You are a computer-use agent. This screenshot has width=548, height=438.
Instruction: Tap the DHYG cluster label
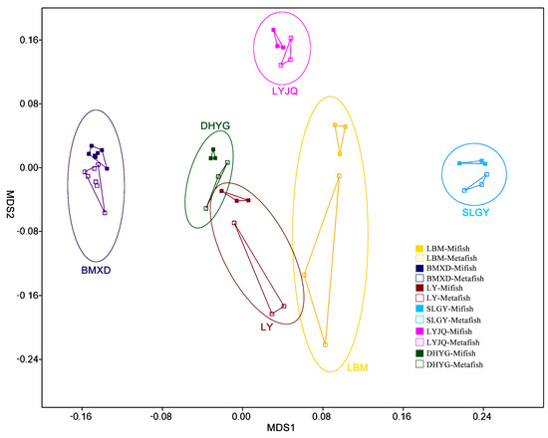click(214, 125)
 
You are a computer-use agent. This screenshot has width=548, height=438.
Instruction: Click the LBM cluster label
click(357, 368)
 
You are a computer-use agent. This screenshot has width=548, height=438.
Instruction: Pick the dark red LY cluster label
click(267, 327)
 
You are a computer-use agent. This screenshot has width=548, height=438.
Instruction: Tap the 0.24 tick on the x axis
click(481, 416)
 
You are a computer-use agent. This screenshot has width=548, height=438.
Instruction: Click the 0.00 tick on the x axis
click(241, 416)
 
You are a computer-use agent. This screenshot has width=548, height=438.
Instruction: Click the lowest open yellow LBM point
click(325, 344)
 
